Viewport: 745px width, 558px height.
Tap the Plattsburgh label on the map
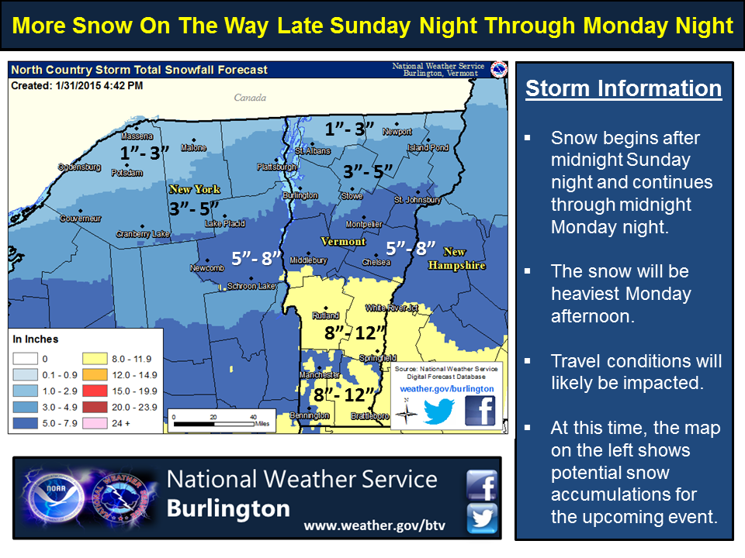(x=277, y=167)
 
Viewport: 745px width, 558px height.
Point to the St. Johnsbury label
(x=418, y=200)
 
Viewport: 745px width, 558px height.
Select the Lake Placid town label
(x=224, y=224)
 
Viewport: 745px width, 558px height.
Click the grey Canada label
(x=250, y=98)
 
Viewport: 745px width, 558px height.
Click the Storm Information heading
(x=623, y=88)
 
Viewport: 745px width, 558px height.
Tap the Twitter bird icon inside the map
(x=438, y=411)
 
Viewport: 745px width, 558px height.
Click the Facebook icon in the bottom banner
(x=482, y=485)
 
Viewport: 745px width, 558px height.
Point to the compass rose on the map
(x=405, y=412)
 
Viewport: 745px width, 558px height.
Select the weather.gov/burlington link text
(x=447, y=388)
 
